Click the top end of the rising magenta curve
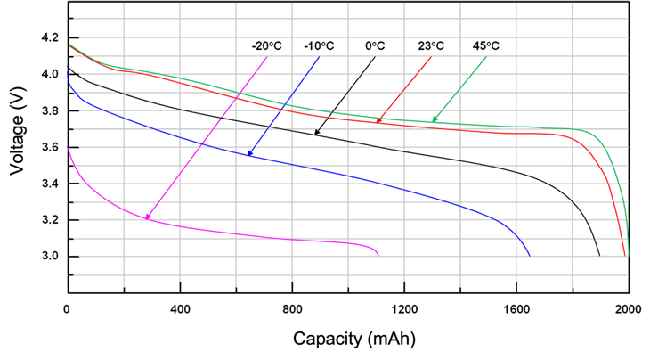tap(264, 61)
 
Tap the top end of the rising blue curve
tap(317, 61)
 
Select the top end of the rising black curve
tap(373, 61)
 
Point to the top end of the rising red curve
tap(429, 61)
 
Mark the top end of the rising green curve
tap(483, 61)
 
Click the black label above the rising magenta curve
tap(265, 45)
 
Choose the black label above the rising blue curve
tap(319, 45)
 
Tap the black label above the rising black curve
tap(374, 45)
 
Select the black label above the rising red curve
tap(431, 45)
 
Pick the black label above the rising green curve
tap(485, 45)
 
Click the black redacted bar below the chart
tap(353, 340)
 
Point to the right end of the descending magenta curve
tap(378, 250)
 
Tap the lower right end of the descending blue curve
tap(529, 251)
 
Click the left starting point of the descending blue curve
tap(65, 76)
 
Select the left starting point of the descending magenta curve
tap(65, 147)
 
